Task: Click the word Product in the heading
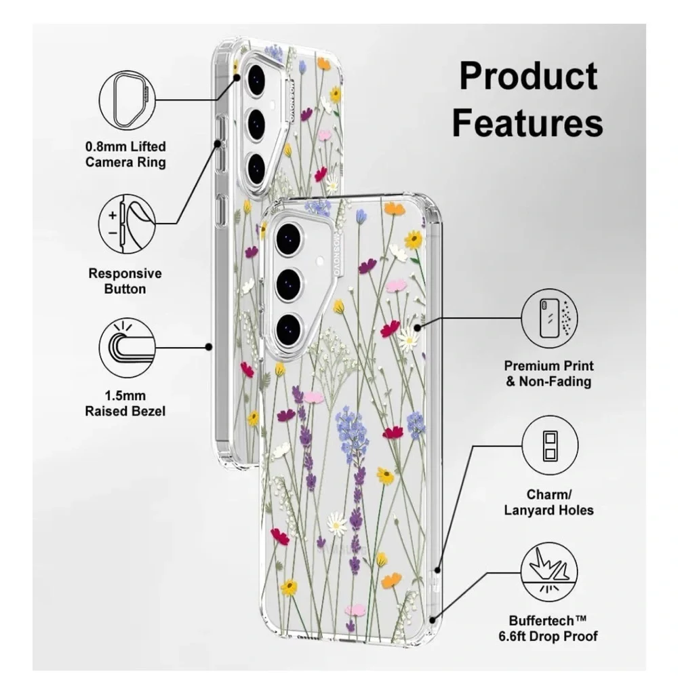tap(528, 77)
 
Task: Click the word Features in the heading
tap(527, 123)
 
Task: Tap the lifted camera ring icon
tap(127, 100)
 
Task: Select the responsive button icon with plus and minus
tap(127, 223)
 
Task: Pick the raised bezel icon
tap(127, 347)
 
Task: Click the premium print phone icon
tap(549, 318)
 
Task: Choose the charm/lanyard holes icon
tap(550, 445)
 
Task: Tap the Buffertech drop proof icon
tap(549, 572)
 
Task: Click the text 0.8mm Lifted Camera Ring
tap(125, 155)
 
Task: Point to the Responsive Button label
tap(125, 281)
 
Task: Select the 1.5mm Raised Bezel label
tap(125, 403)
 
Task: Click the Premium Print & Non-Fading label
tap(549, 374)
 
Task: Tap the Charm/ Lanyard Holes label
tap(549, 502)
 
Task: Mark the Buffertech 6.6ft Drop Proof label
tap(548, 629)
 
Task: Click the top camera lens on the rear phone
tap(256, 79)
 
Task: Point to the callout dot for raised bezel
tap(209, 346)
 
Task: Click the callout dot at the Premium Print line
tap(417, 327)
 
